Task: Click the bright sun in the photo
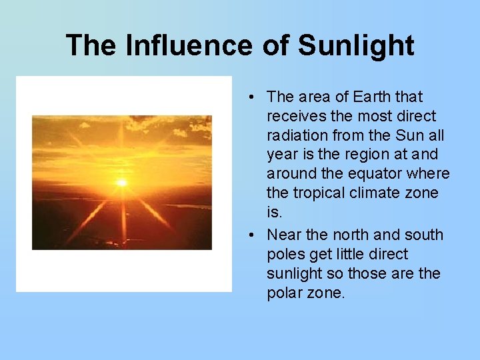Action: [x=122, y=182]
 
